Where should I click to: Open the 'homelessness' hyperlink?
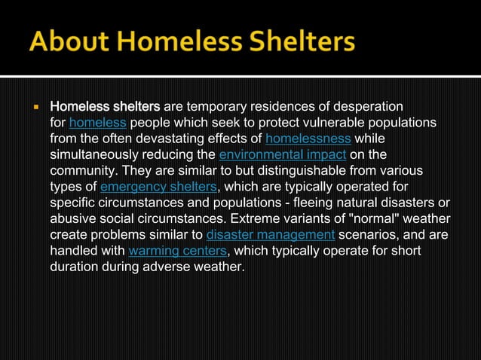point(308,139)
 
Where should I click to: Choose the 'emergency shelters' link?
point(158,188)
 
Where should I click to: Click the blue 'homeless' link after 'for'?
point(97,122)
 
